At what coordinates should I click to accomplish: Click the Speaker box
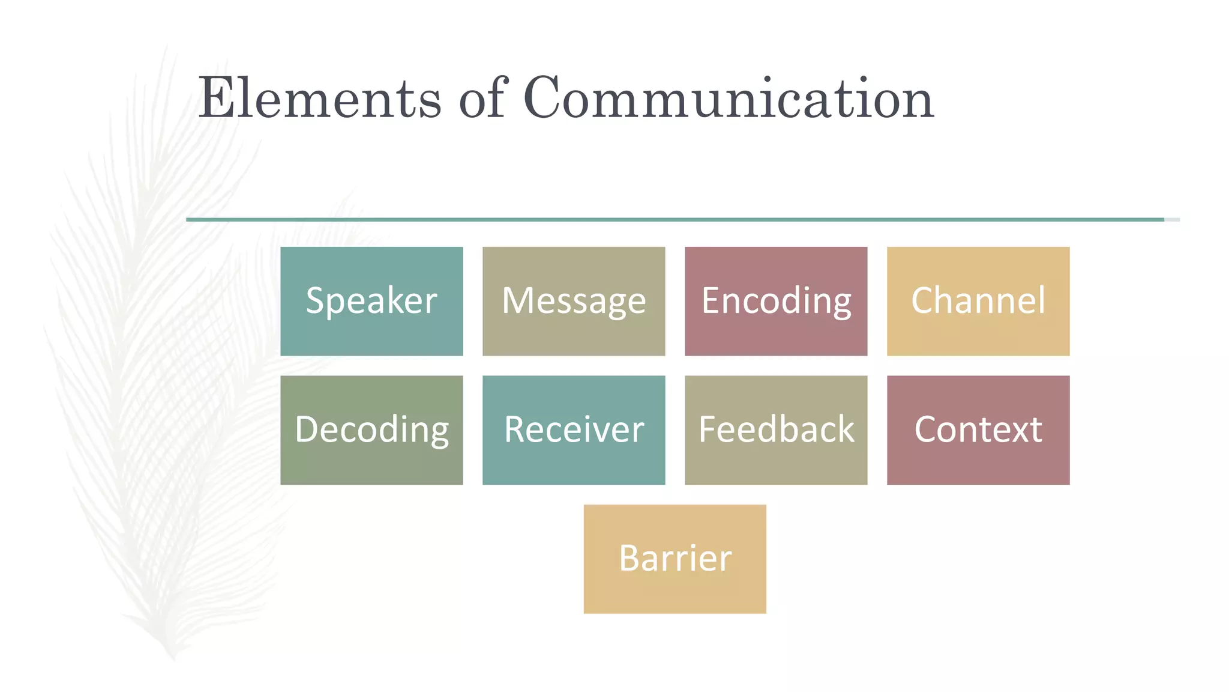click(x=371, y=301)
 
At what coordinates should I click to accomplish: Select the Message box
click(x=574, y=301)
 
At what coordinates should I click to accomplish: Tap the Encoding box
click(x=776, y=301)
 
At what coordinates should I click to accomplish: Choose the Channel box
click(x=978, y=301)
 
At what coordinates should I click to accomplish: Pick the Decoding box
click(x=371, y=430)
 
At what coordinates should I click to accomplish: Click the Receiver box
click(x=574, y=430)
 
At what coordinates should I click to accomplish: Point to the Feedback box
click(x=776, y=430)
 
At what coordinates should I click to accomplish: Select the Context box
click(x=978, y=430)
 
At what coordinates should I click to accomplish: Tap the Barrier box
click(x=675, y=559)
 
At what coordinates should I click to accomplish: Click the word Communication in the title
click(x=729, y=98)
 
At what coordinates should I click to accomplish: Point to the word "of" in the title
click(x=484, y=98)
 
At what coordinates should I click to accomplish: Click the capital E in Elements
click(x=217, y=98)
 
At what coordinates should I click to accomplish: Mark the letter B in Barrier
click(x=630, y=558)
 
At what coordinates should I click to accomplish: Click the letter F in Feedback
click(x=709, y=429)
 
